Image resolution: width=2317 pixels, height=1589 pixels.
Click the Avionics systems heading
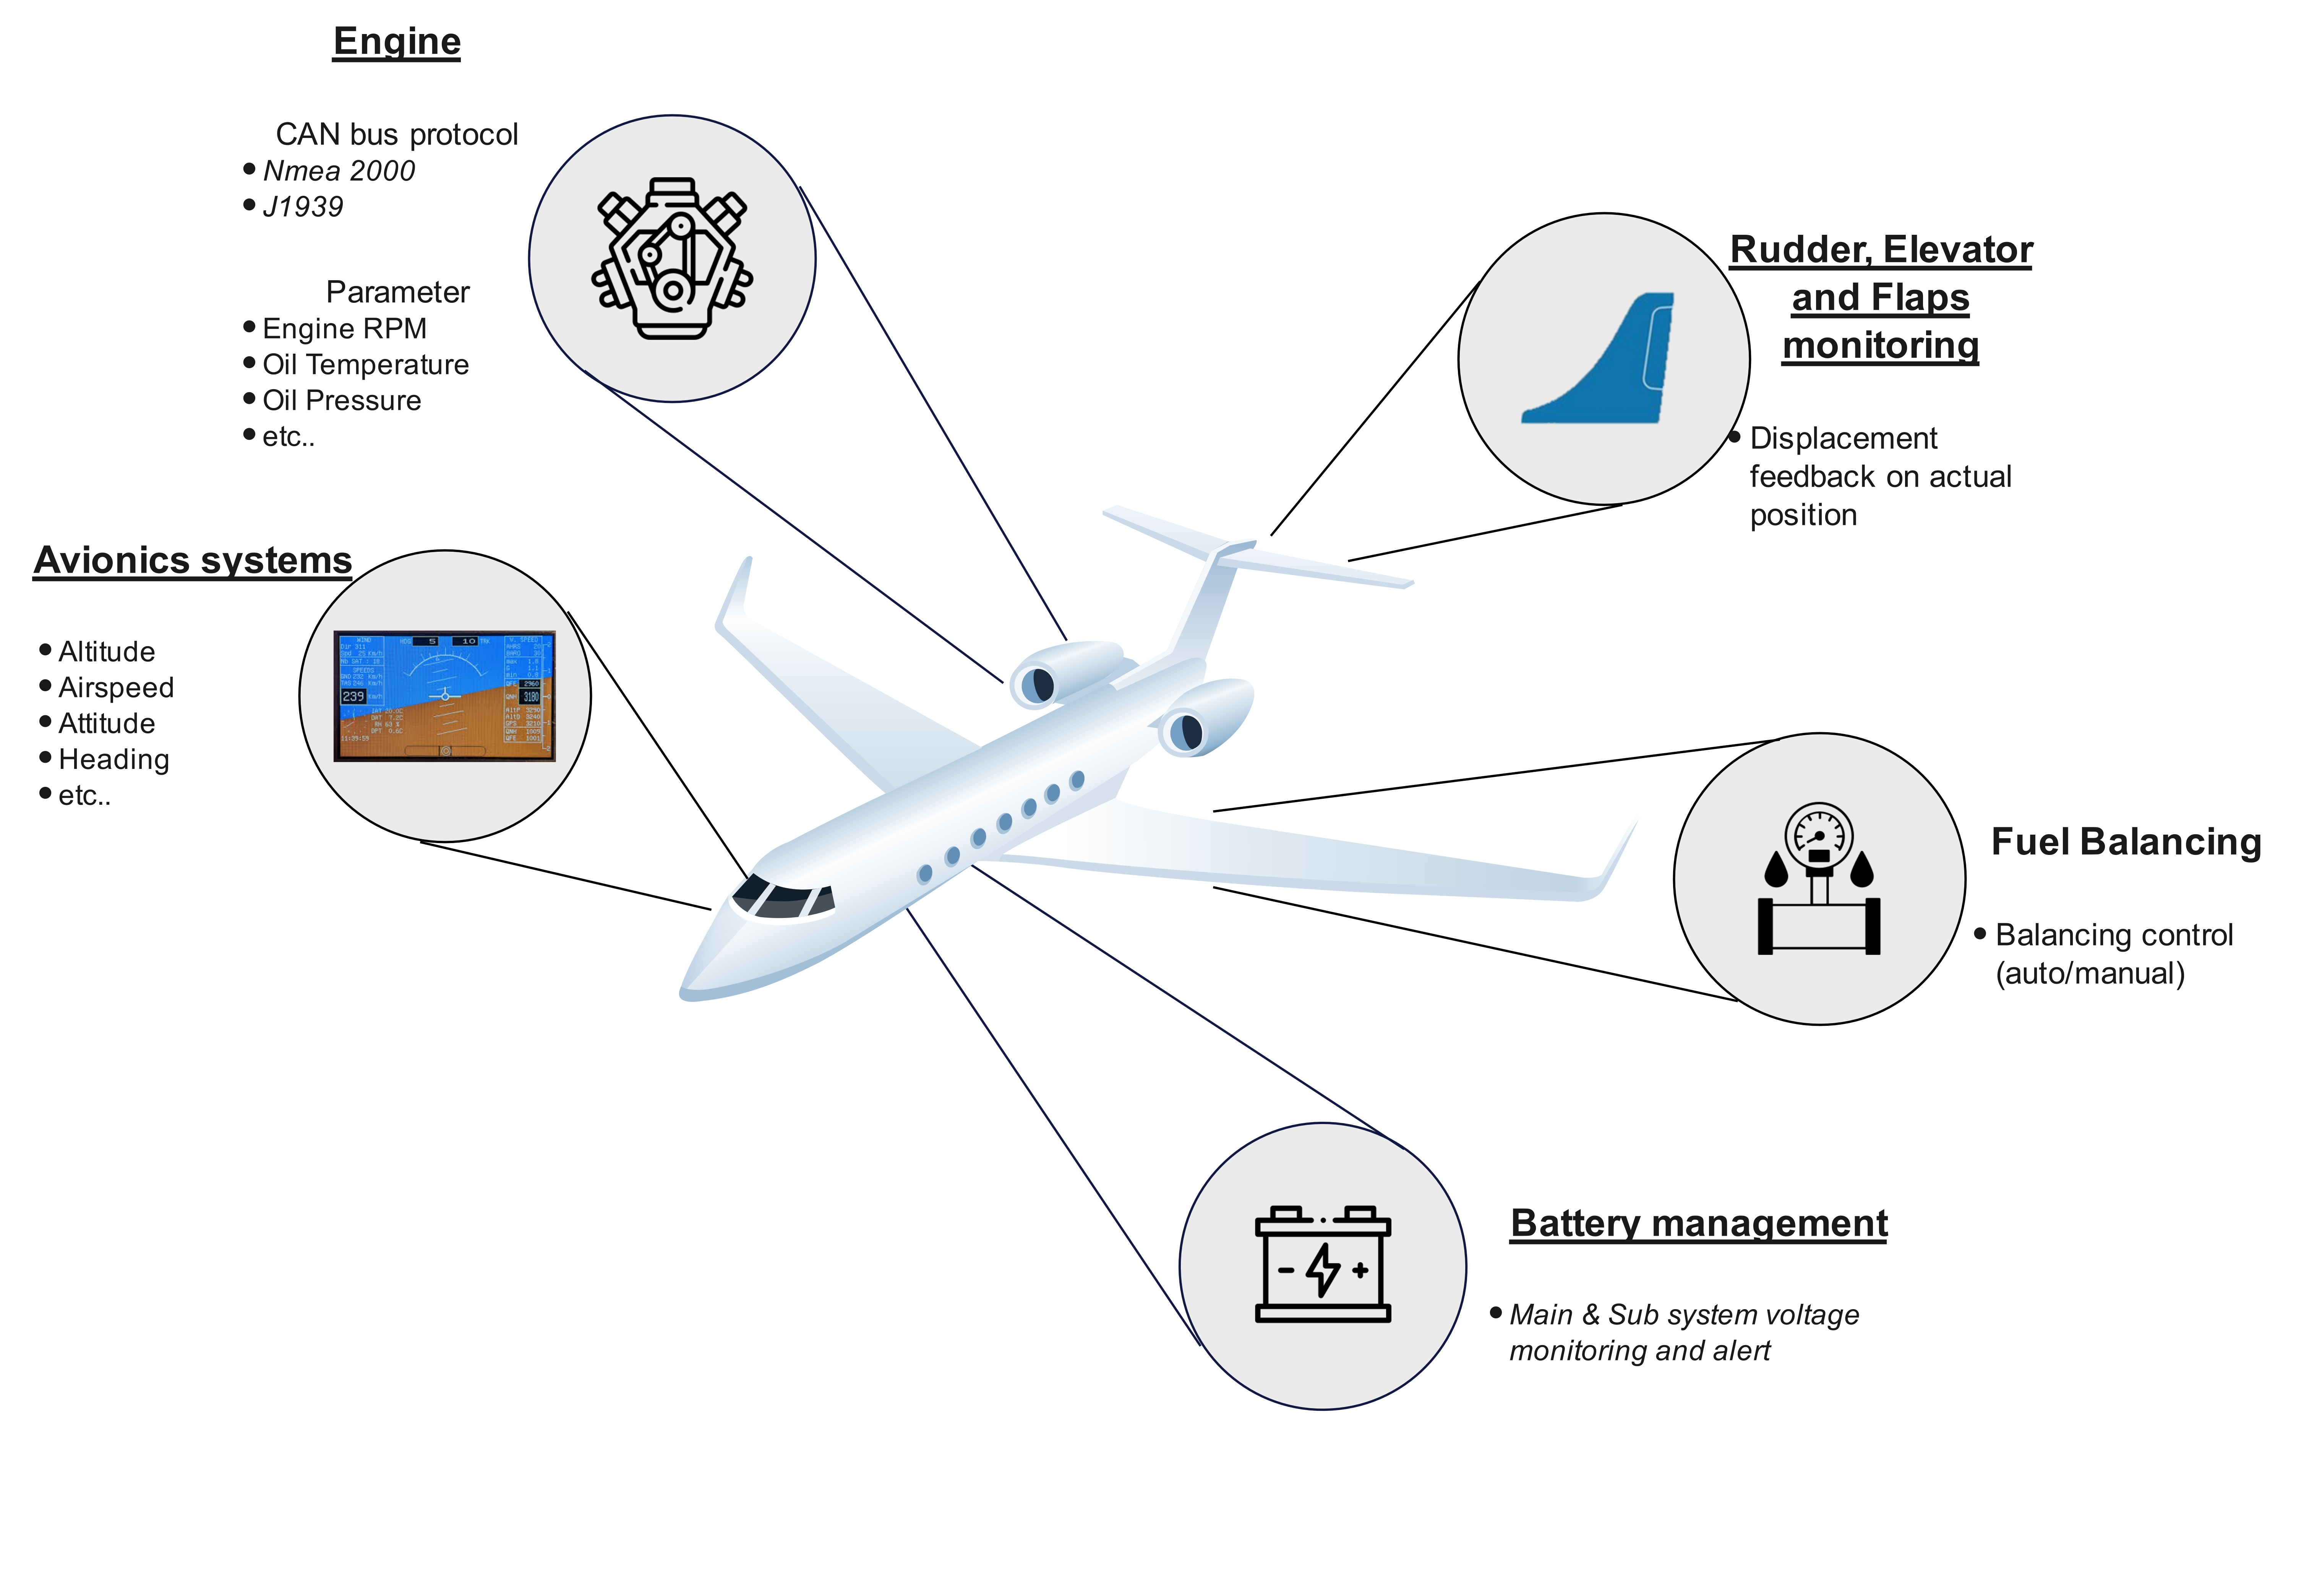tap(193, 561)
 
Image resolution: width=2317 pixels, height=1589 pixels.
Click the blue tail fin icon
tap(1605, 361)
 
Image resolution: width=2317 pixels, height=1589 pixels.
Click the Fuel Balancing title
tap(2126, 842)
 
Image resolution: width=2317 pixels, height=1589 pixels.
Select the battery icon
tap(1322, 1265)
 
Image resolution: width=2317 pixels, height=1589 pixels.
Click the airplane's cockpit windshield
tap(783, 898)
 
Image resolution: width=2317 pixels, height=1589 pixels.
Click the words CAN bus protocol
tap(397, 135)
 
